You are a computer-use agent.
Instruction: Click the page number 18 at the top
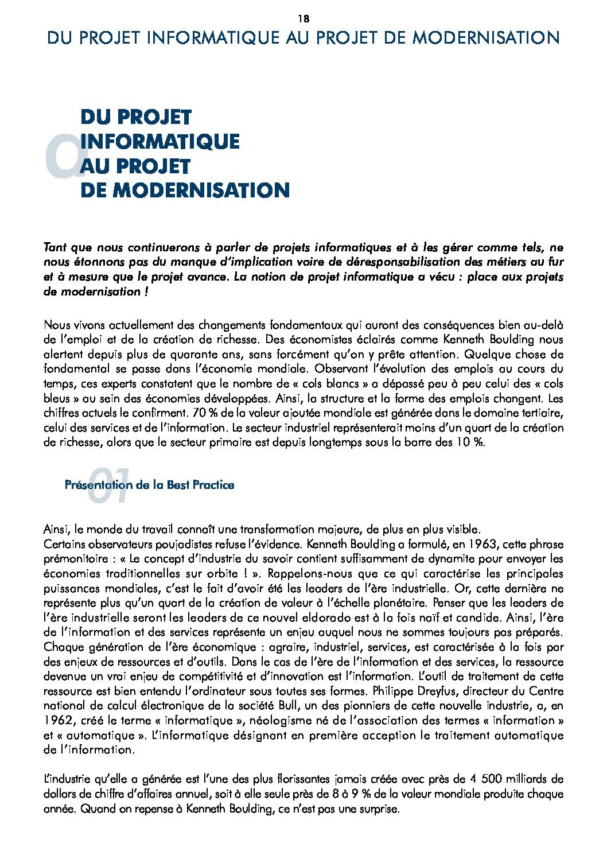(x=303, y=18)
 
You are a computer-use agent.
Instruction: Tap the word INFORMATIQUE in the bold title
(x=160, y=142)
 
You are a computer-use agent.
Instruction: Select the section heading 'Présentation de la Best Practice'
(x=149, y=485)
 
